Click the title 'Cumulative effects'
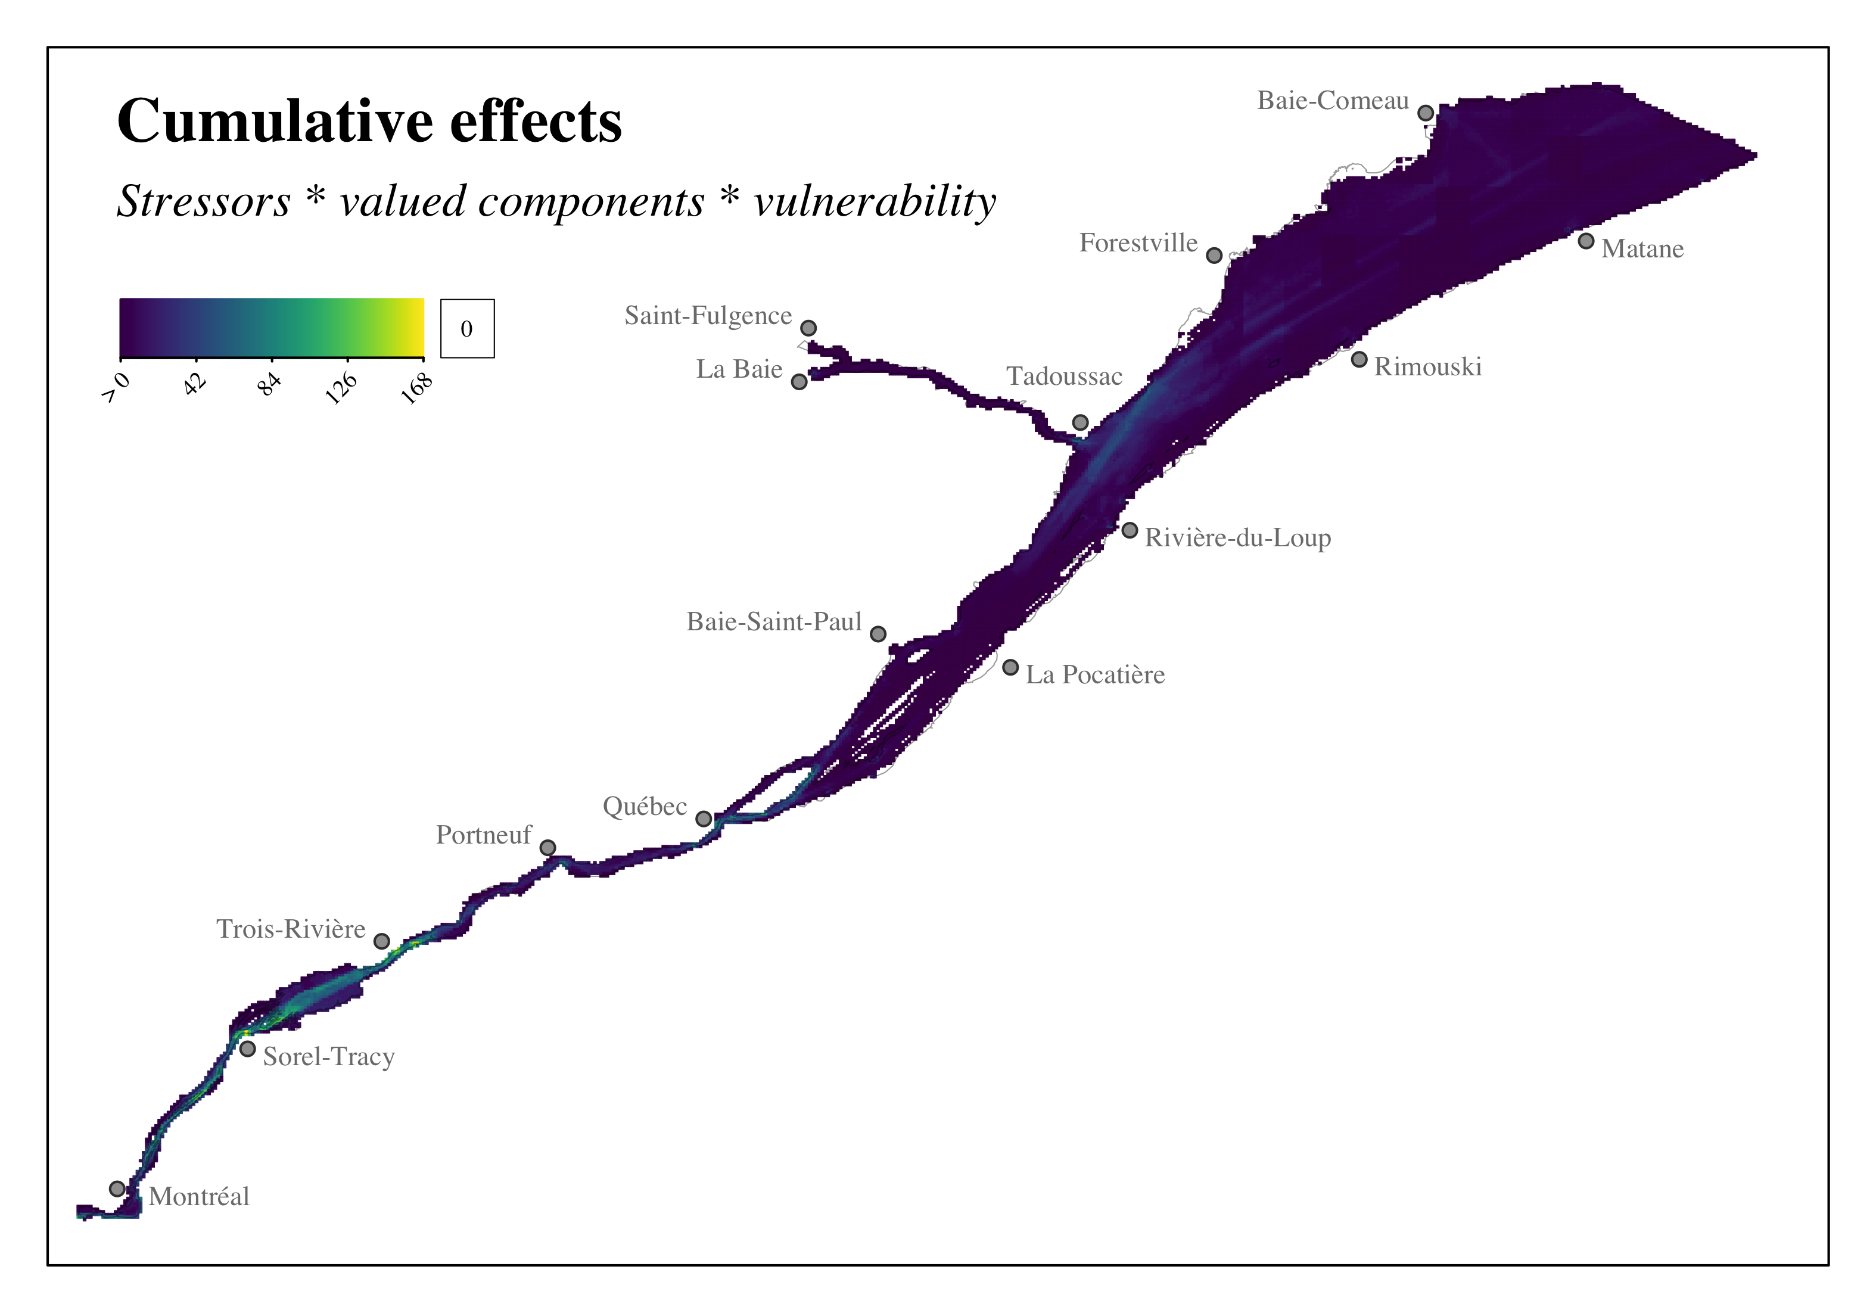coord(369,122)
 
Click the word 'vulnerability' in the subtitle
coord(875,202)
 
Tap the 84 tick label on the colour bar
coord(270,383)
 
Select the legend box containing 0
coord(468,328)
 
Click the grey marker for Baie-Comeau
coord(1425,113)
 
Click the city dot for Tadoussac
coord(1080,422)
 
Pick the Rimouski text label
coord(1427,367)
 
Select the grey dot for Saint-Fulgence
coord(808,328)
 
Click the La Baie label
coord(739,369)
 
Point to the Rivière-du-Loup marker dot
coord(1129,530)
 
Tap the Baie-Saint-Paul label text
coord(774,622)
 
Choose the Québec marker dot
coord(704,819)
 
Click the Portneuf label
coord(484,835)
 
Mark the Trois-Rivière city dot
coord(381,941)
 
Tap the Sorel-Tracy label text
coord(328,1057)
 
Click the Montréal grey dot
coord(117,1189)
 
